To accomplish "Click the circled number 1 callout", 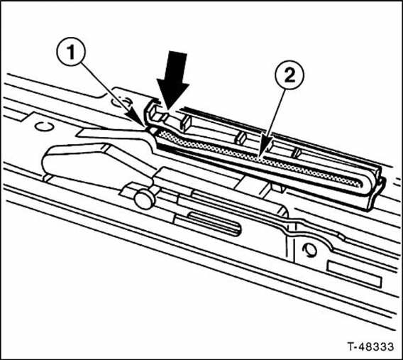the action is click(71, 53).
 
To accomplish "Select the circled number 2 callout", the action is click(289, 75).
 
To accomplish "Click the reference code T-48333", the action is click(371, 346).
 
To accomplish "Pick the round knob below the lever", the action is click(144, 199).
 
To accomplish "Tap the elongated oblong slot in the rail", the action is click(214, 222).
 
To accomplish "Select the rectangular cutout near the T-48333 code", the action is click(354, 274).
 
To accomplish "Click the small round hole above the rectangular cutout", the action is click(310, 249).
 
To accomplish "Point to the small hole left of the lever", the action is click(44, 126).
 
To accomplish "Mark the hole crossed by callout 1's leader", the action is click(121, 102).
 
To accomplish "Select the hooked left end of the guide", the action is click(150, 113).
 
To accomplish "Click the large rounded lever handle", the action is click(95, 165).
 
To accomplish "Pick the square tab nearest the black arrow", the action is click(186, 121).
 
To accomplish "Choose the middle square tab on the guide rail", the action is click(241, 138).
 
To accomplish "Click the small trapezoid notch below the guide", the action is click(277, 187).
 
